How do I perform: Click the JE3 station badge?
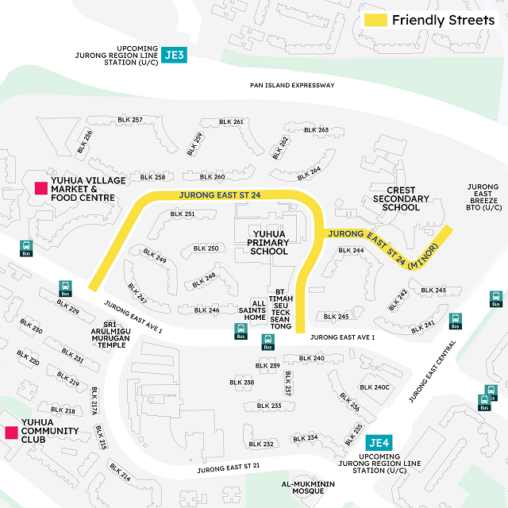[x=174, y=56]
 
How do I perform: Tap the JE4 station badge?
[x=378, y=444]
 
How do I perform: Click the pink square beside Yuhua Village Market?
[x=39, y=188]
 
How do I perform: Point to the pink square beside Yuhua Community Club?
[x=11, y=433]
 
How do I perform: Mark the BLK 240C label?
[x=375, y=387]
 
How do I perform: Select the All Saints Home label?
[x=255, y=310]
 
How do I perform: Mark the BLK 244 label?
[x=351, y=251]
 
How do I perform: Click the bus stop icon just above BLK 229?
[x=64, y=288]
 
